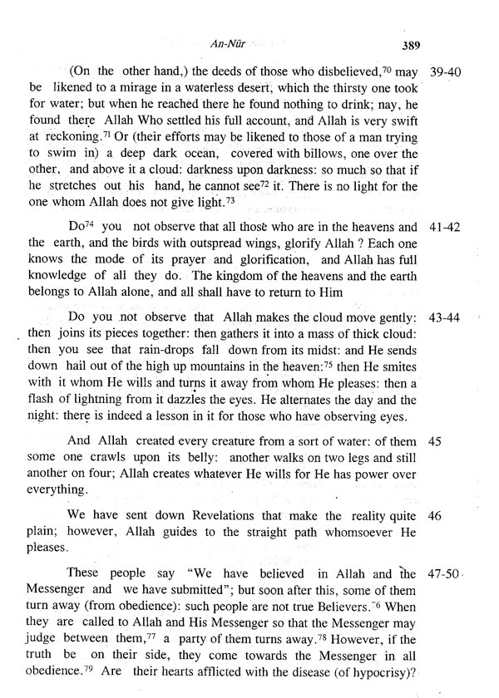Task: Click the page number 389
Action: pyautogui.click(x=412, y=45)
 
